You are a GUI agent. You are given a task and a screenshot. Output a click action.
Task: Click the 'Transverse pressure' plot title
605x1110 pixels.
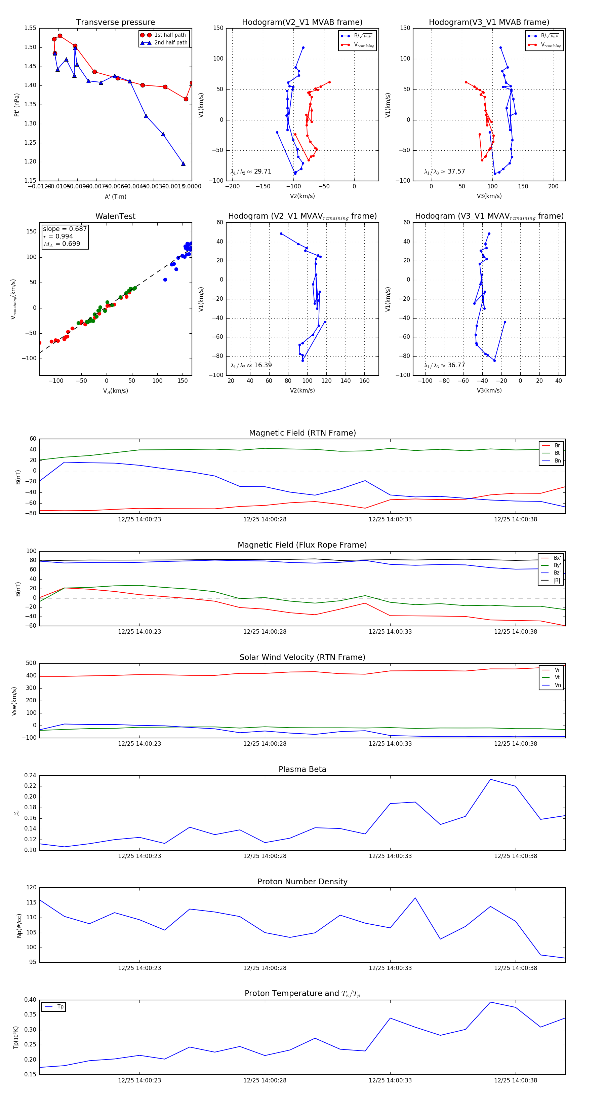point(115,23)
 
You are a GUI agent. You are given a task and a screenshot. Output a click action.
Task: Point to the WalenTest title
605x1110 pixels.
point(115,216)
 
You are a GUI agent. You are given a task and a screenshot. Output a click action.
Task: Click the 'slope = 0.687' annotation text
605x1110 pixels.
point(65,229)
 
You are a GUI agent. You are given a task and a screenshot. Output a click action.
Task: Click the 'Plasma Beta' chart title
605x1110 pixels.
point(302,770)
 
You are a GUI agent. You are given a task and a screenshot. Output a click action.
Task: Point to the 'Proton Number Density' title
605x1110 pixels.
point(302,882)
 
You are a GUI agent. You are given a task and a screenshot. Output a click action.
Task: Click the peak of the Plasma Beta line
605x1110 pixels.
point(490,779)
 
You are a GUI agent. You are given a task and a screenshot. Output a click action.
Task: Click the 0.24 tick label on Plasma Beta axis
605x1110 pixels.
point(30,776)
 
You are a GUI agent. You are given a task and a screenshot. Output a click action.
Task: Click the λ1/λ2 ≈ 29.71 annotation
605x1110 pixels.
point(251,172)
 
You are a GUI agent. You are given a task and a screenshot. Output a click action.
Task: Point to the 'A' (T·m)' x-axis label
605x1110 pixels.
point(115,196)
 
